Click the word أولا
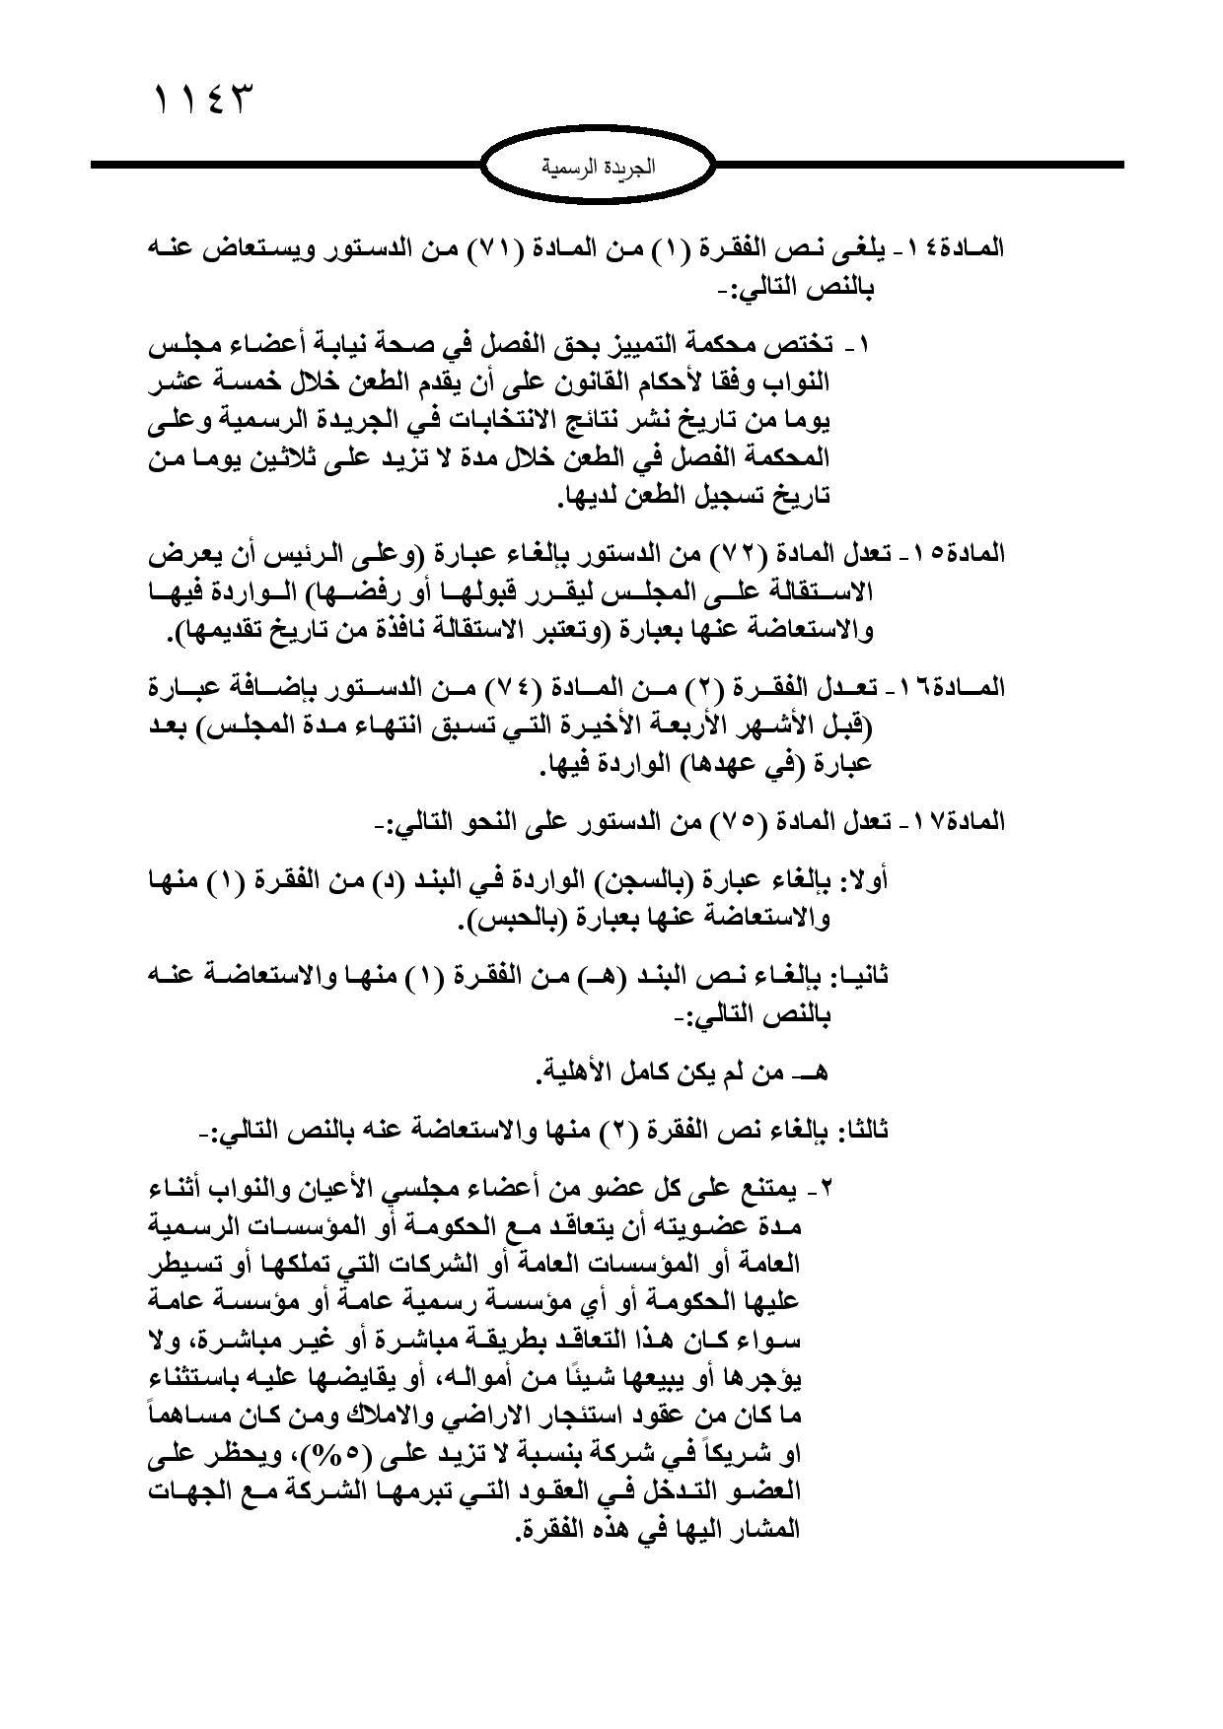(x=869, y=879)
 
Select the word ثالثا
(x=863, y=1130)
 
